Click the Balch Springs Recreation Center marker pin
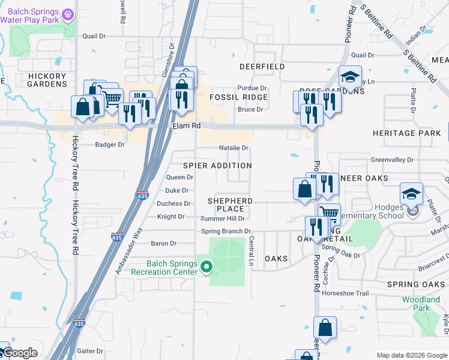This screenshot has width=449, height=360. point(206,266)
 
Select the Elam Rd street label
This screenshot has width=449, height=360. point(185,126)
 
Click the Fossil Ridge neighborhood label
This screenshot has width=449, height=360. point(238,97)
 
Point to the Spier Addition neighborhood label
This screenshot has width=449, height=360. point(217,166)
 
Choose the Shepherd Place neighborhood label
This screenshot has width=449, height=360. point(230,205)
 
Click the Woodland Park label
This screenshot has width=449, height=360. point(421,304)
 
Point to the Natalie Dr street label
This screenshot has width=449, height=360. point(234,148)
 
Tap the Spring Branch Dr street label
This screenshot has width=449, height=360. point(226,231)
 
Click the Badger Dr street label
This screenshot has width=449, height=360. point(110,145)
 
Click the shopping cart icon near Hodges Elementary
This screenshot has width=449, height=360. point(328,212)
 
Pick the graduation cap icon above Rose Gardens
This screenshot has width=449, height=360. point(349,77)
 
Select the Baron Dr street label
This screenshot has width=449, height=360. point(164,244)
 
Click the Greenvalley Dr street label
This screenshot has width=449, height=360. point(392,160)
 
